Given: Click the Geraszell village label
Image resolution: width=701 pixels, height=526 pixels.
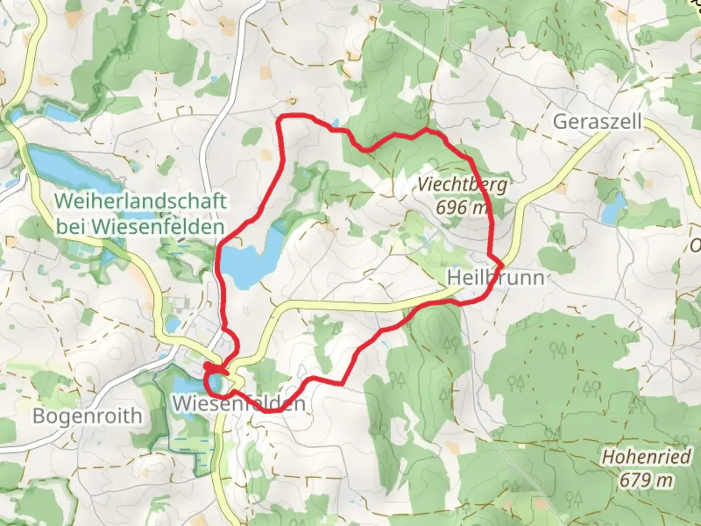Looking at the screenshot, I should click(x=597, y=122).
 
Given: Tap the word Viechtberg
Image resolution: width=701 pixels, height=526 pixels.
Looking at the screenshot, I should click(x=462, y=185).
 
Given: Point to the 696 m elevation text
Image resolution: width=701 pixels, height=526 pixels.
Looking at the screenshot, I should click(x=461, y=207).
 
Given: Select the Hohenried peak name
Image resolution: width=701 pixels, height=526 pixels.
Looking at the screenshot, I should click(x=646, y=457).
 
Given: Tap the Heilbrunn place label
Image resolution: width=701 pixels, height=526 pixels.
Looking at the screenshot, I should click(x=495, y=278).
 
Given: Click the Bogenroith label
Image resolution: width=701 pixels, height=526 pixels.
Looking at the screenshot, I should click(x=88, y=416).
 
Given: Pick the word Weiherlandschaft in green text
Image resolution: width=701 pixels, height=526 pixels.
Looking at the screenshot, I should click(x=141, y=201).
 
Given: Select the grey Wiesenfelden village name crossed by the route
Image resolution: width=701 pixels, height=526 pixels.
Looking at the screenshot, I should click(x=239, y=403).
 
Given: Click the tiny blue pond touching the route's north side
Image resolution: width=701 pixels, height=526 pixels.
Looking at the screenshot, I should click(x=336, y=123).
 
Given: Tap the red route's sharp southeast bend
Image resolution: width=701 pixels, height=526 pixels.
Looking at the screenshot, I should click(x=343, y=384).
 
